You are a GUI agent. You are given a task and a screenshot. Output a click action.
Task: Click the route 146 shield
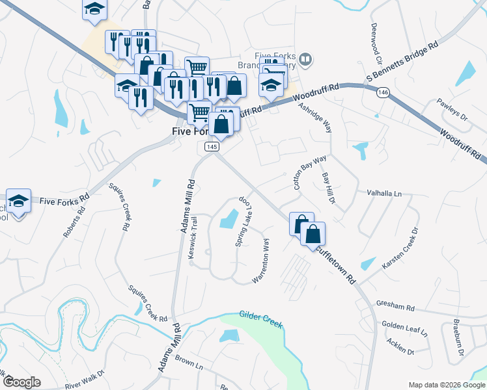coord(383,94)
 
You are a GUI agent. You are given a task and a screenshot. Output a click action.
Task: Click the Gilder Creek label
coord(260,319)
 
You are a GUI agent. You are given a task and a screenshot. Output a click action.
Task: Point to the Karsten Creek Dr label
coord(399,250)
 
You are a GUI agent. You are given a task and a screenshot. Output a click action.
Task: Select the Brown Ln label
coord(189,362)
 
